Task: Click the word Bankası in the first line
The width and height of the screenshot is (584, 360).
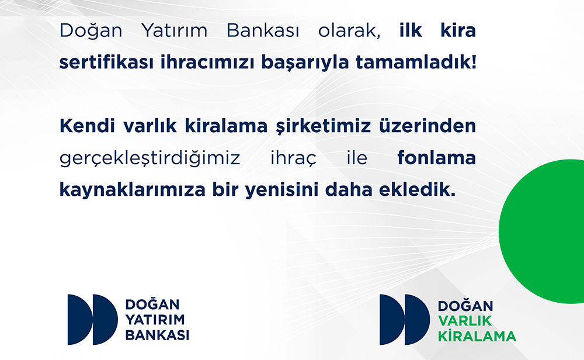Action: (x=263, y=30)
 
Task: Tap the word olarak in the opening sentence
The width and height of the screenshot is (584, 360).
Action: (x=349, y=30)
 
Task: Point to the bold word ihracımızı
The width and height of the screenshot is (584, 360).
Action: (x=207, y=62)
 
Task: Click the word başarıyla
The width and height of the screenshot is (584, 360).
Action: (x=305, y=63)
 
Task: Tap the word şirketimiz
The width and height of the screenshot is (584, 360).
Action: (x=324, y=127)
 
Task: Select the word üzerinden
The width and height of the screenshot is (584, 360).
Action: (x=427, y=126)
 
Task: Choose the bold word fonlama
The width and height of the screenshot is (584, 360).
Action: (x=436, y=158)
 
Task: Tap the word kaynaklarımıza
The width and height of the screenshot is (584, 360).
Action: (x=132, y=190)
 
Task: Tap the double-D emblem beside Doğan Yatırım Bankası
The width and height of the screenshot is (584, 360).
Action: (x=92, y=319)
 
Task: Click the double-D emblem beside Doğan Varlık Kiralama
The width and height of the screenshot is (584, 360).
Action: (x=405, y=319)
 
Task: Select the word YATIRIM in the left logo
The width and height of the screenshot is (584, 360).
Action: (x=155, y=320)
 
